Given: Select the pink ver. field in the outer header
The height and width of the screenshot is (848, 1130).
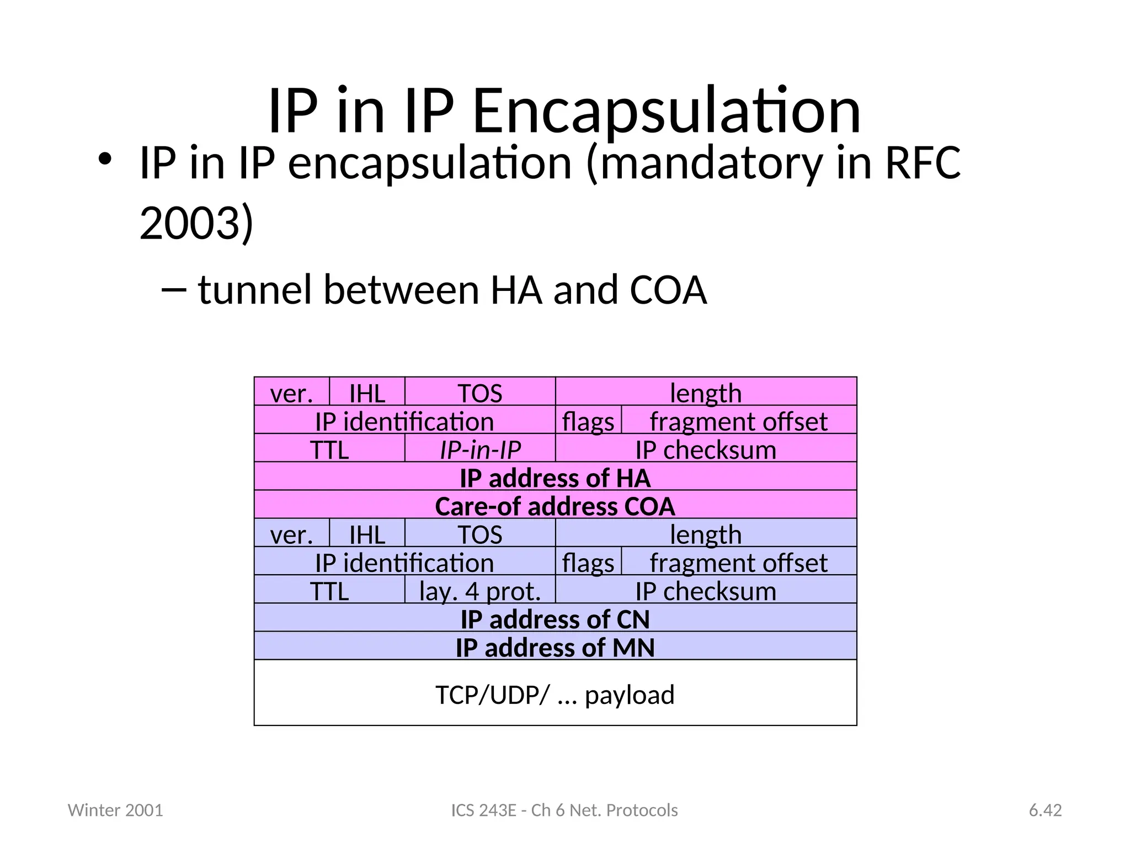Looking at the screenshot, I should [x=291, y=393].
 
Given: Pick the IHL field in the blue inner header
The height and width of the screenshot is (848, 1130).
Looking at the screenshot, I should [x=367, y=534].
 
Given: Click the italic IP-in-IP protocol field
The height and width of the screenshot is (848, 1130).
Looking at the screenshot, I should [x=480, y=449].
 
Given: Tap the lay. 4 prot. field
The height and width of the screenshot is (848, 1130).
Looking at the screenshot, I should [x=480, y=590].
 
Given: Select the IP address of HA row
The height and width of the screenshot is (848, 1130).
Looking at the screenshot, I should [x=555, y=477].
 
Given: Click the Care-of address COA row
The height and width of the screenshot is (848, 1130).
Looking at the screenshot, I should [x=555, y=505].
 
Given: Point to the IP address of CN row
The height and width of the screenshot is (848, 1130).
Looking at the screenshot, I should [x=555, y=618].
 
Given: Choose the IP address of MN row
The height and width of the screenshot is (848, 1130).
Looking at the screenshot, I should [x=555, y=646].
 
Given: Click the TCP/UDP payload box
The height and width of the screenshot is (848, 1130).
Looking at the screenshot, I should [x=555, y=693].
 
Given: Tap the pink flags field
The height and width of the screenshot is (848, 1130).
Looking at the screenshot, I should [x=588, y=421].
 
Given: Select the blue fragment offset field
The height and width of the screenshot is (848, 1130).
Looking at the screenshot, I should [x=738, y=562].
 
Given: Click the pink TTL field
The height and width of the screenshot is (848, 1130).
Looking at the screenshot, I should [x=329, y=449].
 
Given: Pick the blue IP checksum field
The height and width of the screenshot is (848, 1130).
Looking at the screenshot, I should [x=706, y=590].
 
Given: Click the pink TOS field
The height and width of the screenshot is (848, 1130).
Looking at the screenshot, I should [x=480, y=393].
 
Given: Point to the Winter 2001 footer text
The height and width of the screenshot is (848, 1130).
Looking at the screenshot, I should [x=115, y=810].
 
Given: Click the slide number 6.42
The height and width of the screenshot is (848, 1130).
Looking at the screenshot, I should [x=1045, y=810].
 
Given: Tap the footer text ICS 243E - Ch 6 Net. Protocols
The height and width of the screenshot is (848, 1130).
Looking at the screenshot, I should [x=564, y=810].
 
